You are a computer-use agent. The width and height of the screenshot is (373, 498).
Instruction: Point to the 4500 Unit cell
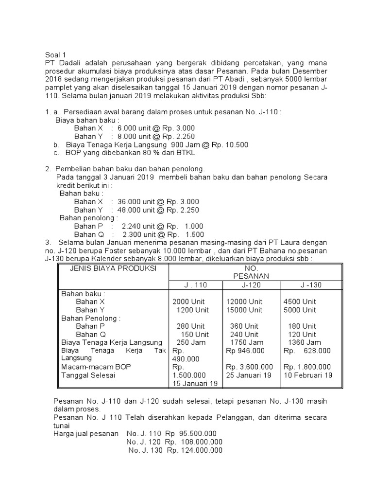point(300,302)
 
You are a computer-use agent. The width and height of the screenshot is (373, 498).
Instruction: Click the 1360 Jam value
point(302,342)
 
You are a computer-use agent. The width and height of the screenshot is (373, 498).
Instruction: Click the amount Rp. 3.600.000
point(250,367)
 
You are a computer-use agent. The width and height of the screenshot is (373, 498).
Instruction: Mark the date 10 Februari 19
point(307,375)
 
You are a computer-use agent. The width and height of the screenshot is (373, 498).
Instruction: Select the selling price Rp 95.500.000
point(191,433)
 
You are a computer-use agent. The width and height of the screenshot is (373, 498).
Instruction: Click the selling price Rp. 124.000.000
point(195,450)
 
